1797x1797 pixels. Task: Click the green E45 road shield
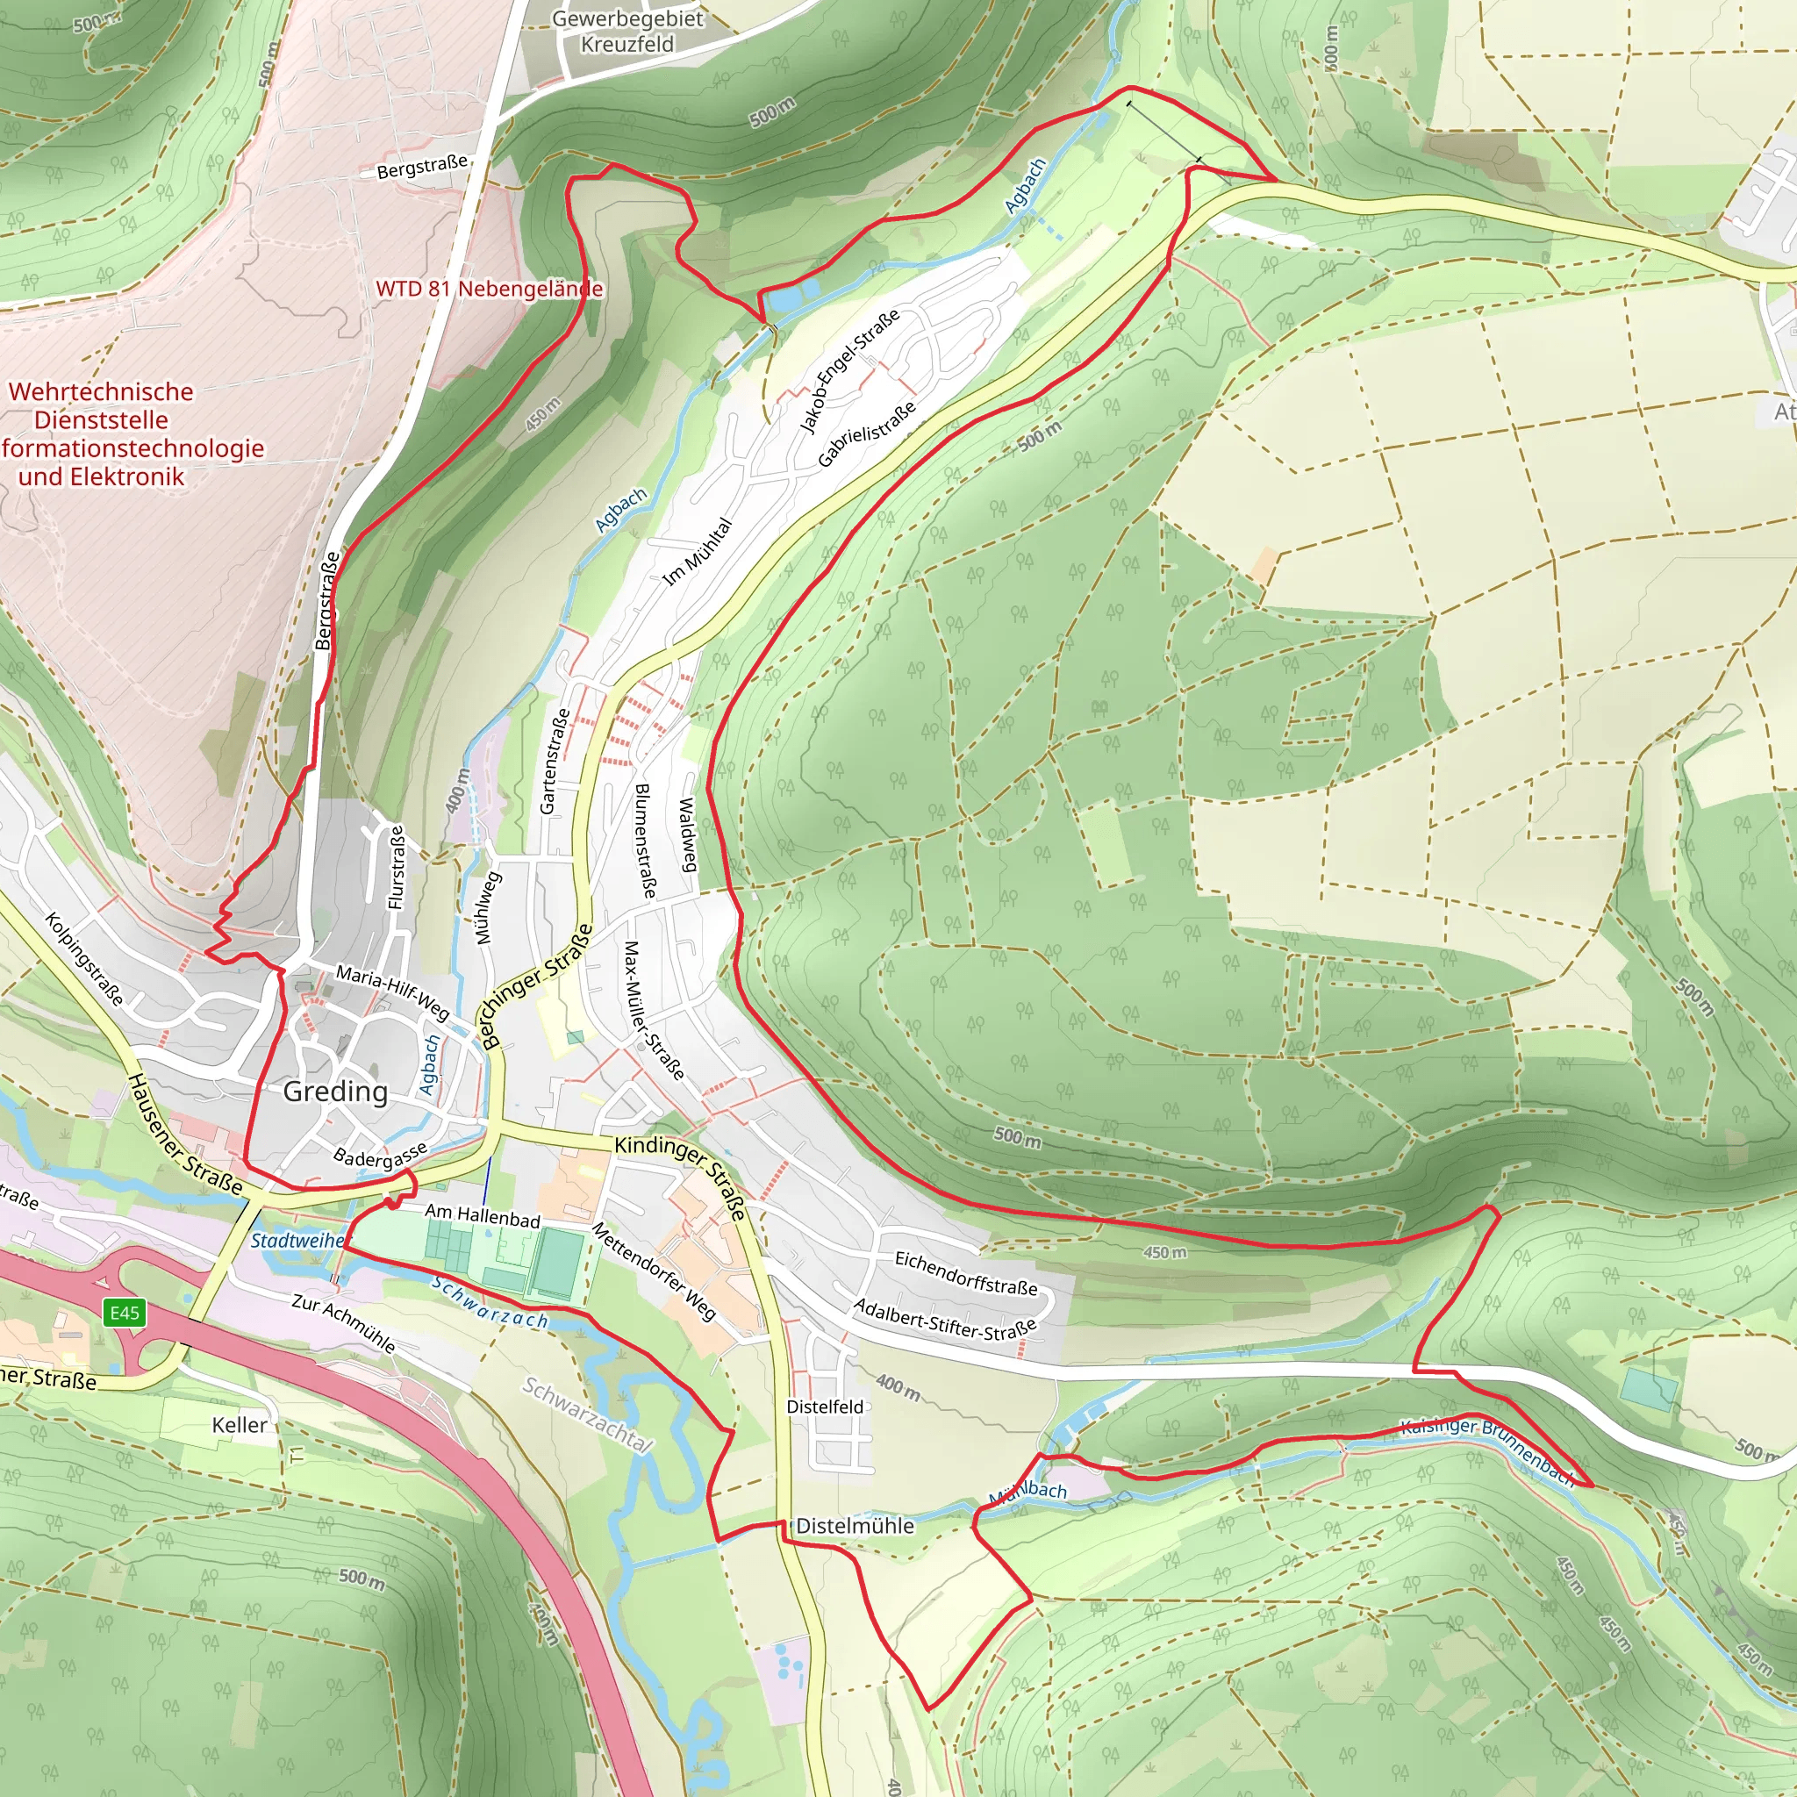tap(124, 1313)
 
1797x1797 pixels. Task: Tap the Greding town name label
tap(335, 1091)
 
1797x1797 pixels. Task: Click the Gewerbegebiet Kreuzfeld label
tap(628, 31)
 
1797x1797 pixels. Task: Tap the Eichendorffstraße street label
tap(965, 1272)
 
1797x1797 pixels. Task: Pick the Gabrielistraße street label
tap(867, 434)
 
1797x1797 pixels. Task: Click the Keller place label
tap(239, 1425)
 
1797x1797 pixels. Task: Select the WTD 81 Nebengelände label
tap(490, 289)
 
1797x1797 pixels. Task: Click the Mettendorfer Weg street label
tap(654, 1271)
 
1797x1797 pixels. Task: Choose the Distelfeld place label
tap(825, 1407)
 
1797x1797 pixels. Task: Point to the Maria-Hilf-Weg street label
tap(392, 992)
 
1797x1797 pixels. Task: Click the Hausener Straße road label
tap(184, 1134)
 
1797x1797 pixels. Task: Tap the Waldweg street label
tap(687, 834)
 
